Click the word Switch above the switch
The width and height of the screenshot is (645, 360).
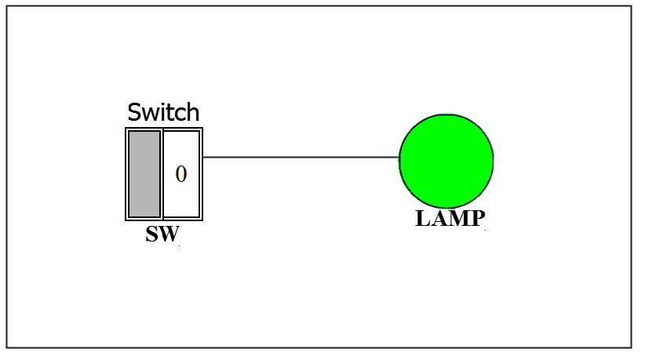pos(163,112)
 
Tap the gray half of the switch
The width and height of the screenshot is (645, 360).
pos(144,173)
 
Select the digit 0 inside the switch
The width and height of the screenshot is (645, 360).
pos(181,174)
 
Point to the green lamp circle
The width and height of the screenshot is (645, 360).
pos(446,160)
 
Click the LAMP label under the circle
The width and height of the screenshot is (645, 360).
pos(450,219)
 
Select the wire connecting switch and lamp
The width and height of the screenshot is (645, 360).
pos(301,157)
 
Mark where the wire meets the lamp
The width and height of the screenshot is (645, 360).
pos(399,157)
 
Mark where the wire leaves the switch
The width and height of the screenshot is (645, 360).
pos(203,157)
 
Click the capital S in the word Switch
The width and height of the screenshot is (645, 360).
pos(135,112)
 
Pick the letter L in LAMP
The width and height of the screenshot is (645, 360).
pos(422,219)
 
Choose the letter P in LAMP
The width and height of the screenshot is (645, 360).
pos(477,219)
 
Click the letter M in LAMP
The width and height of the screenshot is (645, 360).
pos(457,219)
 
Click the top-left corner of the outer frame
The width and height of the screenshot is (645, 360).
pos(8,7)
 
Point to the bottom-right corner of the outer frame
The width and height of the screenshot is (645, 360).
pos(631,347)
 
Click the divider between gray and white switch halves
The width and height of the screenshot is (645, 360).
pos(162,173)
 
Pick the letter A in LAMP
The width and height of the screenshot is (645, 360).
pos(438,219)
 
